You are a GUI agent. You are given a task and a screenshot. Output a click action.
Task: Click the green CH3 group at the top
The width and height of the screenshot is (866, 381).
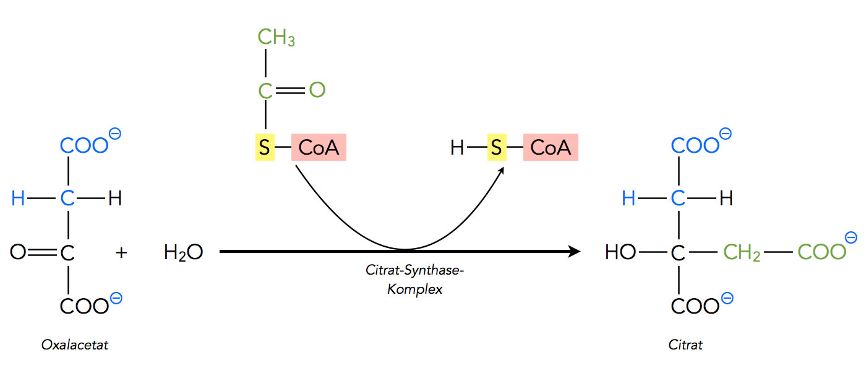pyautogui.click(x=276, y=38)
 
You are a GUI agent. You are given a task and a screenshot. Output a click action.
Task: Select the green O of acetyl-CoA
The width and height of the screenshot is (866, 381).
pyautogui.click(x=317, y=90)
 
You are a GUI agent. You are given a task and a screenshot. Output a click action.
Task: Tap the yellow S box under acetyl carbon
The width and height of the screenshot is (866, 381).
pyautogui.click(x=265, y=148)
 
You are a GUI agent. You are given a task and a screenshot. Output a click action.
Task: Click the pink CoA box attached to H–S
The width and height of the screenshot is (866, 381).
pyautogui.click(x=551, y=148)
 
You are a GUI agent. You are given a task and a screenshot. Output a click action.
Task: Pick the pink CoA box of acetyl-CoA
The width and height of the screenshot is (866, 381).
pyautogui.click(x=319, y=148)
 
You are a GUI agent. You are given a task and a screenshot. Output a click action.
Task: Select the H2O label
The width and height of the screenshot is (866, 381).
pyautogui.click(x=183, y=252)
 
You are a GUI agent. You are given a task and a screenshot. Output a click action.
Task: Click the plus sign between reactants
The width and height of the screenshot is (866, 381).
pyautogui.click(x=121, y=252)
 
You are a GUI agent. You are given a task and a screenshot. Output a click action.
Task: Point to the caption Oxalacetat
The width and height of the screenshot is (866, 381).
pyautogui.click(x=75, y=345)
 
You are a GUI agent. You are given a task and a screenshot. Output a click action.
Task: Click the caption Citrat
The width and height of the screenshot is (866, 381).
pyautogui.click(x=685, y=345)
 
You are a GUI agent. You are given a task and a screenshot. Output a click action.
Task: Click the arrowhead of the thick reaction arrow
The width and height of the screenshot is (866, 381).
pyautogui.click(x=575, y=252)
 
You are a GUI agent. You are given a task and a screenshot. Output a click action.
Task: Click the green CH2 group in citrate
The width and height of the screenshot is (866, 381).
pyautogui.click(x=742, y=252)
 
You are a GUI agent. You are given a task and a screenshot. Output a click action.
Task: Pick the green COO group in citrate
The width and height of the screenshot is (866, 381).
pyautogui.click(x=820, y=252)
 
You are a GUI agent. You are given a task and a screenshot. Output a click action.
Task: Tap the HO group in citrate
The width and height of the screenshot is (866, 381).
pyautogui.click(x=620, y=252)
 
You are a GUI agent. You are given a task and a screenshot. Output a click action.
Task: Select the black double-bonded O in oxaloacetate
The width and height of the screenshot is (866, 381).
pyautogui.click(x=17, y=252)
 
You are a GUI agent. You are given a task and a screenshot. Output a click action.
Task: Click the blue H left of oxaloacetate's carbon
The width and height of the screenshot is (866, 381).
pyautogui.click(x=18, y=199)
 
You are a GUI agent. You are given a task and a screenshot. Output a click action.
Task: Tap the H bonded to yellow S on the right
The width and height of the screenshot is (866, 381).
pyautogui.click(x=457, y=148)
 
